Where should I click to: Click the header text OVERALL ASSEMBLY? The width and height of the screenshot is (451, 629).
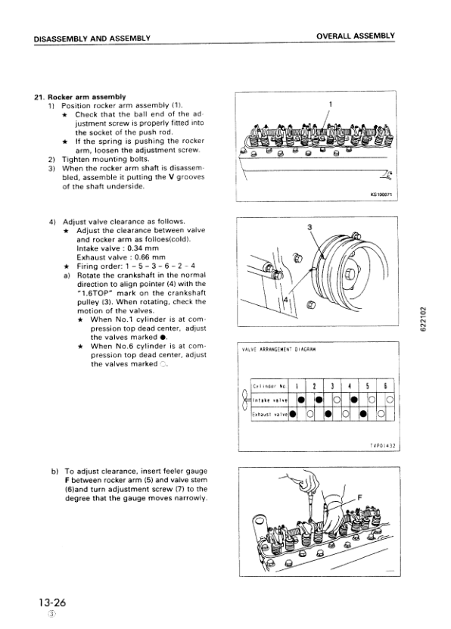356,36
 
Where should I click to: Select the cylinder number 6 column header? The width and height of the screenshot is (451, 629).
385,385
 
